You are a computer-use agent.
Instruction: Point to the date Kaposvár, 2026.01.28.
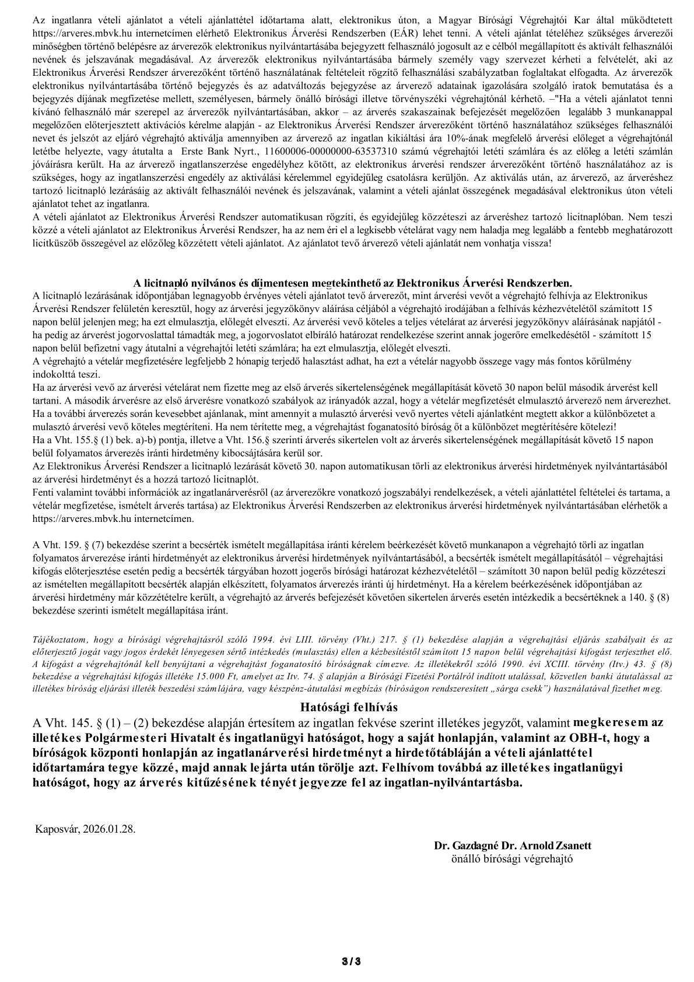[x=85, y=829]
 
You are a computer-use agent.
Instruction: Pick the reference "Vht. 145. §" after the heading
[x=68, y=723]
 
